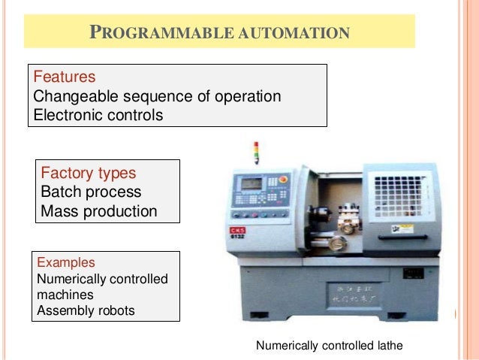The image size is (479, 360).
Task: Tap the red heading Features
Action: tap(65, 77)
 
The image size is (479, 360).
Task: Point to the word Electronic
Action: tap(69, 116)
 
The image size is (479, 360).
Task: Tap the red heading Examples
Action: tap(66, 263)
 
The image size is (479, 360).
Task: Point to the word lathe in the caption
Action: tap(388, 346)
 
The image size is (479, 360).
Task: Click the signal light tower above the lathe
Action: tap(256, 152)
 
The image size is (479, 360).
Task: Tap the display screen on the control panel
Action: tap(251, 183)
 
